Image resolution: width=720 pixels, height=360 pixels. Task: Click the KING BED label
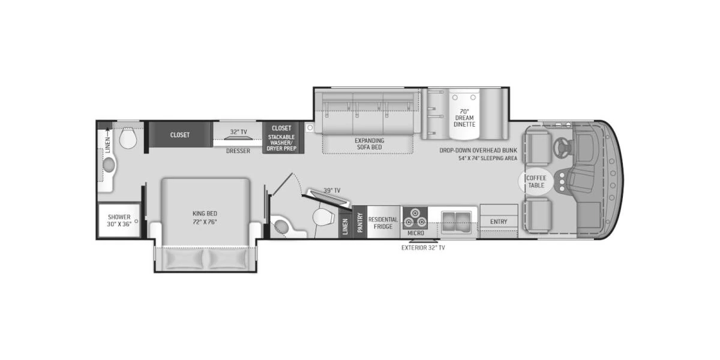click(x=205, y=217)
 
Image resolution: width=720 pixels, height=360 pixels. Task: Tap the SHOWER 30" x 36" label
click(x=119, y=221)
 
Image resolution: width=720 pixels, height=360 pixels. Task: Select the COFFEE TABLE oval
click(x=536, y=181)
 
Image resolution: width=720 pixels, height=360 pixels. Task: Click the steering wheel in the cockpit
click(x=564, y=145)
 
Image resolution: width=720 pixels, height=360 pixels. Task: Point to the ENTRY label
click(x=498, y=221)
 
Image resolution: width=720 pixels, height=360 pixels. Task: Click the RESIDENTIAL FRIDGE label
click(x=383, y=223)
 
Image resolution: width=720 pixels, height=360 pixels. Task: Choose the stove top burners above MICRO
click(x=415, y=215)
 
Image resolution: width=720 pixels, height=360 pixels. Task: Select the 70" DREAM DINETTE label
click(x=464, y=118)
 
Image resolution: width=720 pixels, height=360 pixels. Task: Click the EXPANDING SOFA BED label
click(x=369, y=144)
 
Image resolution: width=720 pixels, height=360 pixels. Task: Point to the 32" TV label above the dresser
click(x=238, y=132)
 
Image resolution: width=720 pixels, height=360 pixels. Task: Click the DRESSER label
click(x=238, y=151)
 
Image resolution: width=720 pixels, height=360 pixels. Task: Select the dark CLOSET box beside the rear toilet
click(x=179, y=135)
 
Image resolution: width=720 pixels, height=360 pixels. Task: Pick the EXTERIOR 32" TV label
click(x=424, y=247)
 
